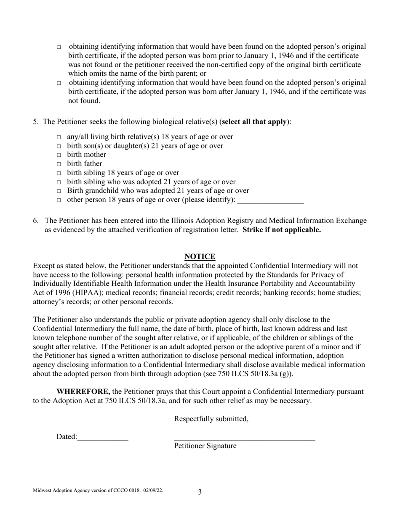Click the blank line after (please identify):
270,200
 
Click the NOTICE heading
200,256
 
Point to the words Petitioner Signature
205,446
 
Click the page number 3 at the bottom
200,492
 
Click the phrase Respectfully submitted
211,419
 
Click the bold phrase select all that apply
254,122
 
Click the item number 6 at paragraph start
36,221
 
